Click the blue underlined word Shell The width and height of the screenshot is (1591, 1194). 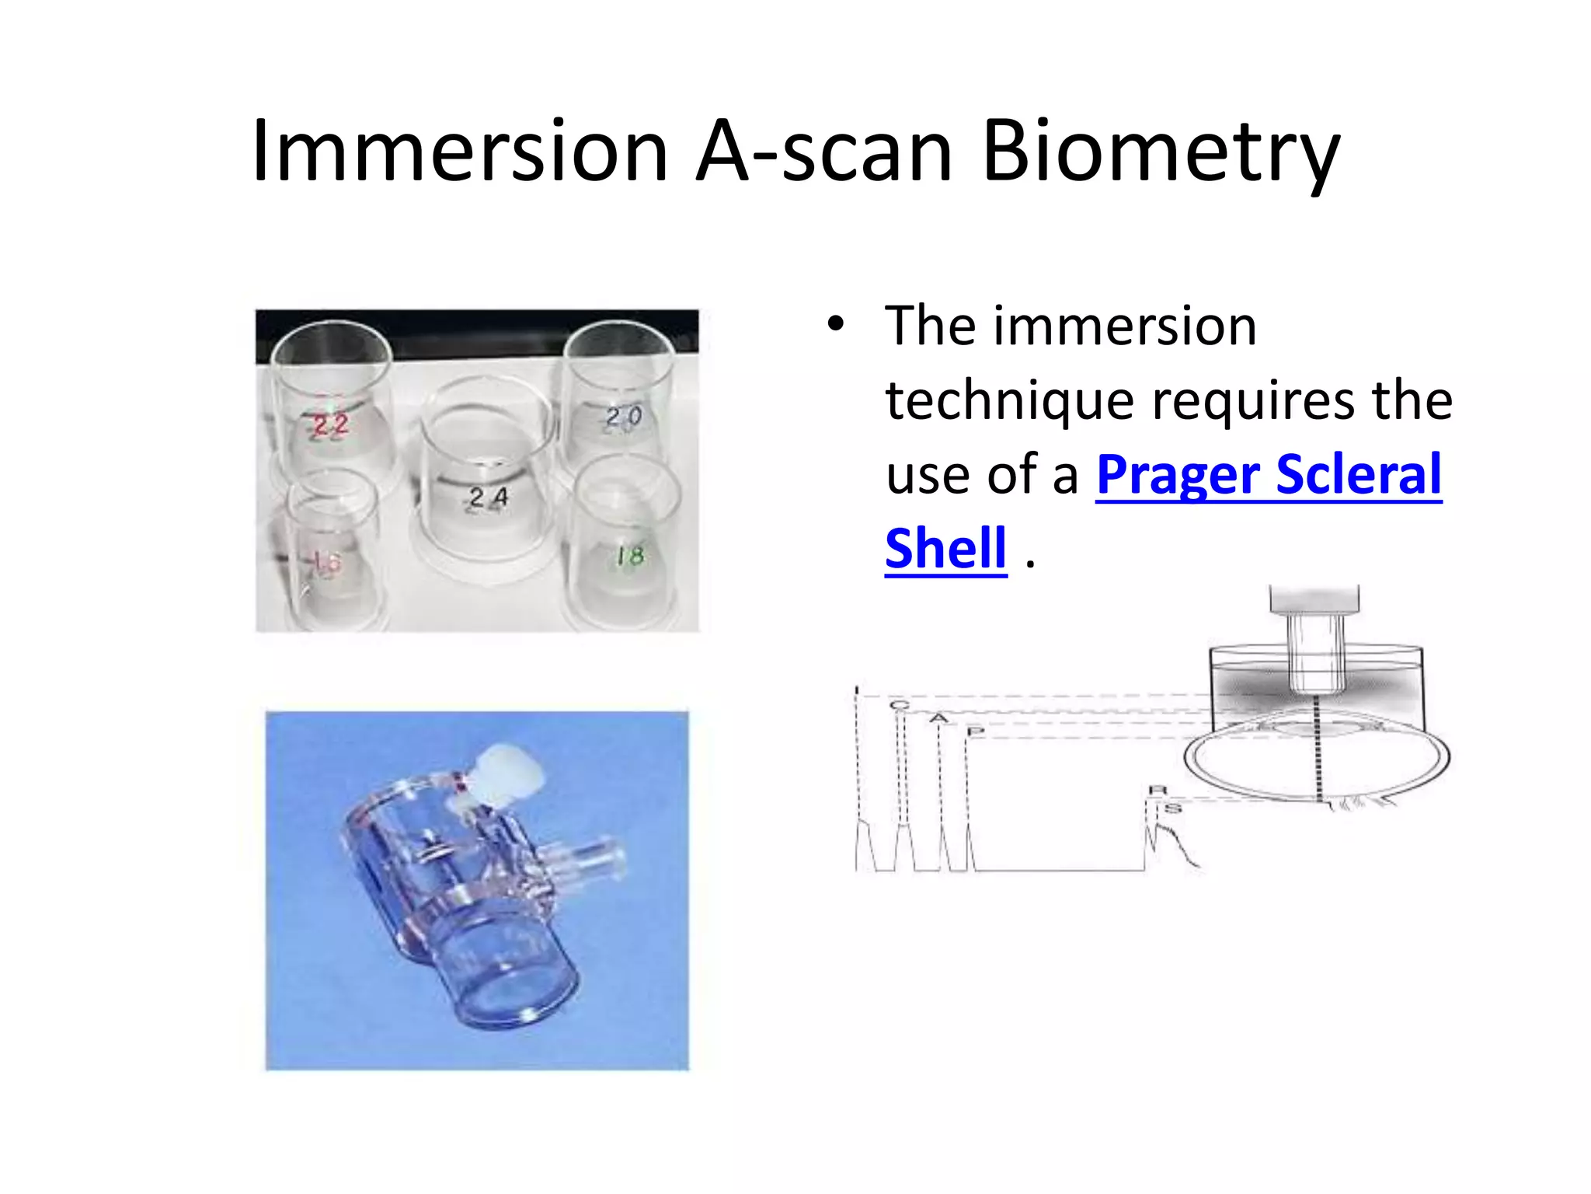[x=945, y=549]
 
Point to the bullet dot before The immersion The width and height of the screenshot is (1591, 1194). [x=835, y=325]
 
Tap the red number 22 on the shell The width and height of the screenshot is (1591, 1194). [x=329, y=424]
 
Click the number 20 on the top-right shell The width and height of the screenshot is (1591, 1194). [x=624, y=417]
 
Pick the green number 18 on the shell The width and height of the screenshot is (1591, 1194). [x=630, y=555]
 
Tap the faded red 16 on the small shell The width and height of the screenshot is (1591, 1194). [x=326, y=561]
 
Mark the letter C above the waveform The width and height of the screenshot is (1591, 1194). [x=899, y=705]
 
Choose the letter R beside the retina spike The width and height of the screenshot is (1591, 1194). [x=1157, y=791]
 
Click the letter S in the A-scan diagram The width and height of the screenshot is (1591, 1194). [x=1173, y=808]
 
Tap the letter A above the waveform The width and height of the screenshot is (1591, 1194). [x=939, y=717]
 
